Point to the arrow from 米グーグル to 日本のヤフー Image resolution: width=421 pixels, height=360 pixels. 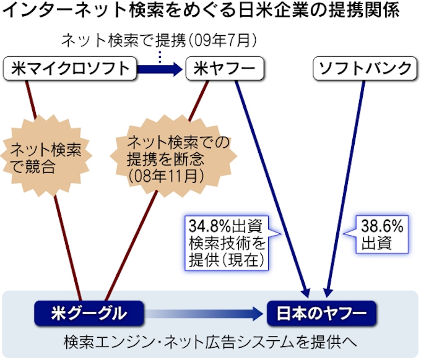204,312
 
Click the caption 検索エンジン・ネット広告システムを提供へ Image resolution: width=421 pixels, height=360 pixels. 211,341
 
